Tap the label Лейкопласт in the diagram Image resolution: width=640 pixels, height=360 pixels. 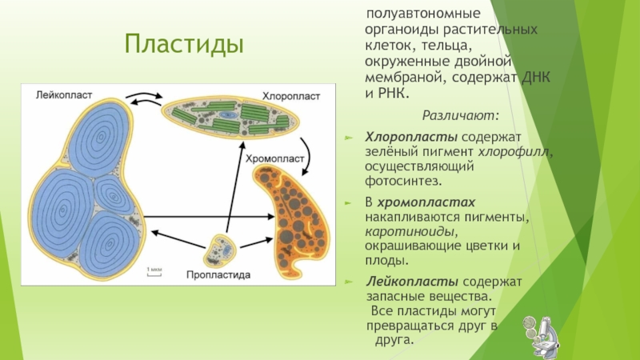pyautogui.click(x=64, y=94)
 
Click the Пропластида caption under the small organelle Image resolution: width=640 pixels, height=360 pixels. pyautogui.click(x=218, y=274)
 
